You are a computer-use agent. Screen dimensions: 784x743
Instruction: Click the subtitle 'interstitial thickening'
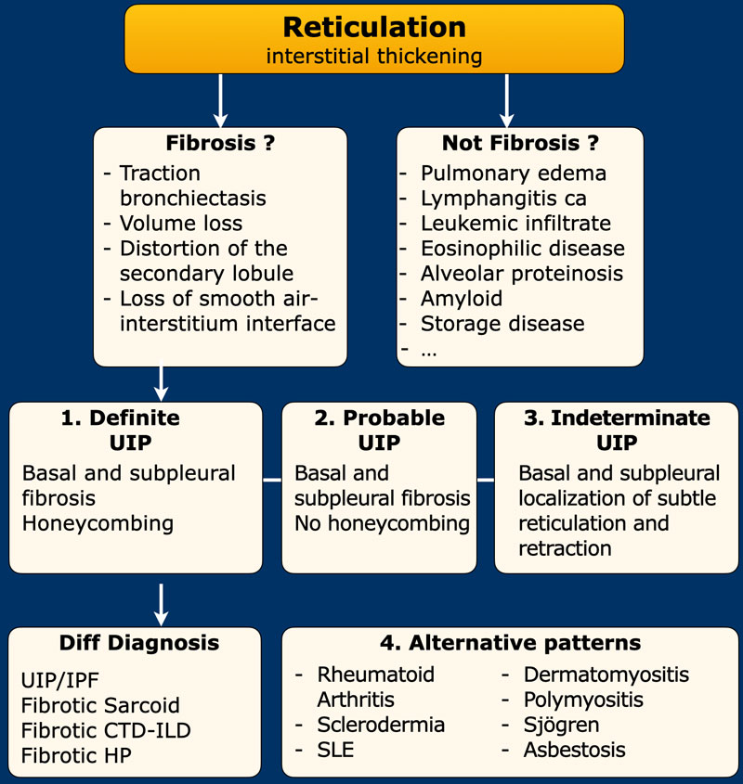coord(374,56)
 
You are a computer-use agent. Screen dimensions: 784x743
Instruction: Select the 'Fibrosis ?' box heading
coord(220,144)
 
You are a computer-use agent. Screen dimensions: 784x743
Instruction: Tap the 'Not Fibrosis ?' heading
coord(520,144)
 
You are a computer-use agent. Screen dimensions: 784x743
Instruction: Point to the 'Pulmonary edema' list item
coord(513,173)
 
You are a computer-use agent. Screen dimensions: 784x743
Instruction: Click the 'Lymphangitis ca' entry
coord(503,198)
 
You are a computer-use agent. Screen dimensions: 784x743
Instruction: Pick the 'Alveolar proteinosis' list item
coord(521,274)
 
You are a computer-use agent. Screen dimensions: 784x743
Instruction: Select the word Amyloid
coord(461,299)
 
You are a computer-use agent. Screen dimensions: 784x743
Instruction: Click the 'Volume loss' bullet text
coord(180,224)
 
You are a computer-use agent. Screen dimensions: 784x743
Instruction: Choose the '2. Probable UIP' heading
coord(379,430)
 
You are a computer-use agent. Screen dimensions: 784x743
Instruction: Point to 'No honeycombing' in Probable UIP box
coord(382,523)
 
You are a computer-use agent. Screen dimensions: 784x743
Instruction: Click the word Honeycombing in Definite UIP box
coord(98,523)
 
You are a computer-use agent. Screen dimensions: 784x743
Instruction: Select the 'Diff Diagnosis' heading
coord(139,643)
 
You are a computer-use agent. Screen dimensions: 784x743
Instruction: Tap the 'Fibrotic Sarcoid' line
coord(100,705)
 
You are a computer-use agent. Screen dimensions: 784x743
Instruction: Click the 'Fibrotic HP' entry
coord(78,755)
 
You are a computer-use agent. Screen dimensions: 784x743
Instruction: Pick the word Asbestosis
coord(574,750)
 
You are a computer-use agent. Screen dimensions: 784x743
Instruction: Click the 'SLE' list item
coord(335,750)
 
